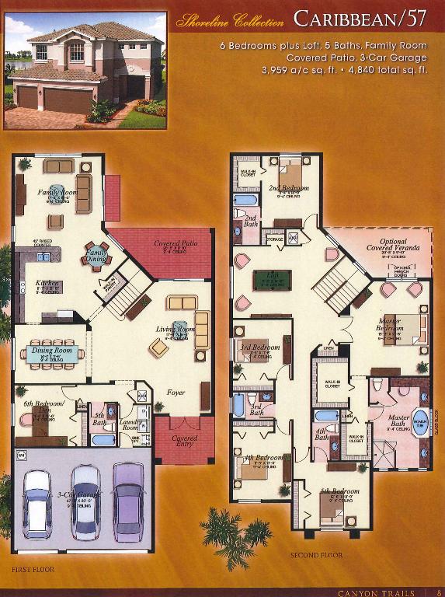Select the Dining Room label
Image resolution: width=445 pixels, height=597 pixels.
(x=53, y=351)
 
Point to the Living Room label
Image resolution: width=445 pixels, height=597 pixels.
(x=176, y=330)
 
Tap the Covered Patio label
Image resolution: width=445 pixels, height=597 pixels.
(x=175, y=243)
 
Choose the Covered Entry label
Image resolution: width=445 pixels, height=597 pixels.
(x=184, y=438)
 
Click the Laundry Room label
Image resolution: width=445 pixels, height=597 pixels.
(x=130, y=427)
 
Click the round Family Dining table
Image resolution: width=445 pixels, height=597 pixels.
(x=97, y=256)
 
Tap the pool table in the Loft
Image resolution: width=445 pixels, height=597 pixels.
(x=272, y=280)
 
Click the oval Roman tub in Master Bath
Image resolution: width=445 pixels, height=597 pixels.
(x=420, y=422)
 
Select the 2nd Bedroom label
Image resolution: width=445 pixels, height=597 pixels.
(x=289, y=188)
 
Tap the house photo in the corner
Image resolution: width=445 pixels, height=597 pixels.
(x=85, y=70)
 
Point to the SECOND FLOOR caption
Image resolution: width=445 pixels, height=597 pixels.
(x=316, y=556)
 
